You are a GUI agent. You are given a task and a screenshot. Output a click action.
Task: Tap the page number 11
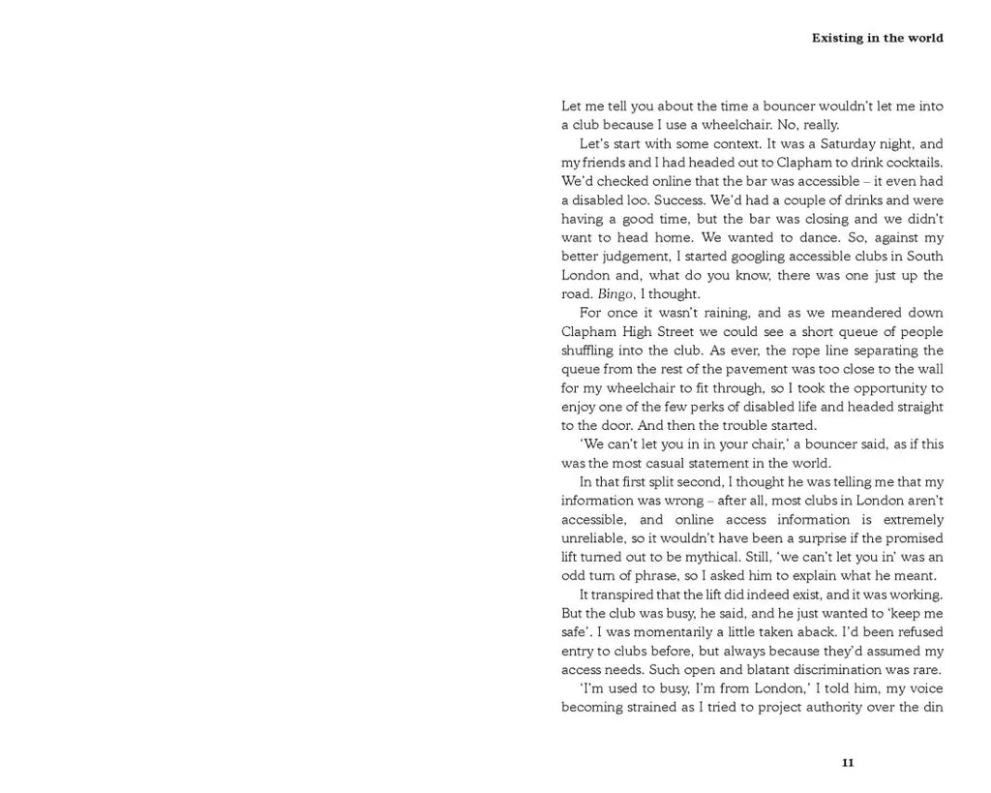[848, 763]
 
